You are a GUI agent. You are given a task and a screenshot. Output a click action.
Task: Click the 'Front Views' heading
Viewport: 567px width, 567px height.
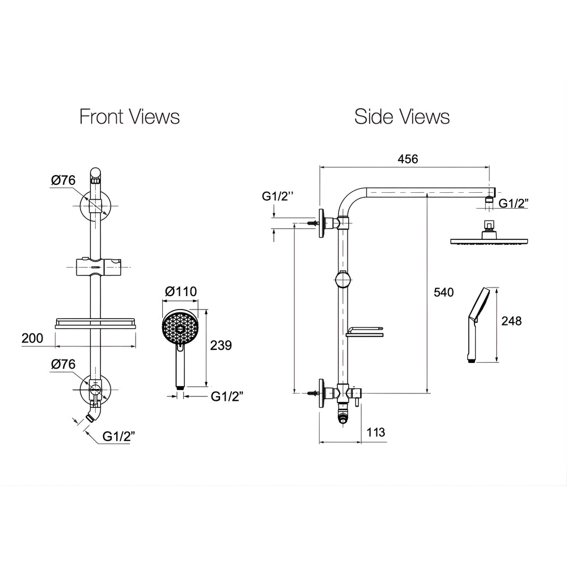pos(129,117)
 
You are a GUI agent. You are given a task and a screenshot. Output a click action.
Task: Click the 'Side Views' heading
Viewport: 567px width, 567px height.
pos(402,117)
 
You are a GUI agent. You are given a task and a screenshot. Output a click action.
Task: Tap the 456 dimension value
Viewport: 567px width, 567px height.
pos(408,159)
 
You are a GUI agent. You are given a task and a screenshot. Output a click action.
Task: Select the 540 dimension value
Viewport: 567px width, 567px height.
pos(443,292)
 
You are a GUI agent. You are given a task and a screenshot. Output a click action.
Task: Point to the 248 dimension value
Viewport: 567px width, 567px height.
pos(511,321)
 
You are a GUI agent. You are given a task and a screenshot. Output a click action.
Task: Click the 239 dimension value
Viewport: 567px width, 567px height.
pos(221,345)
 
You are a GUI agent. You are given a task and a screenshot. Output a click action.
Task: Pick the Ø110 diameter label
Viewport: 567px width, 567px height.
pos(181,291)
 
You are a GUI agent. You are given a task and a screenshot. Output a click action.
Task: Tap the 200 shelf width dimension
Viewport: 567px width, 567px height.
pos(32,338)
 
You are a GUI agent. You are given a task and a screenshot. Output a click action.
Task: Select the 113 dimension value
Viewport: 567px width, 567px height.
pos(376,432)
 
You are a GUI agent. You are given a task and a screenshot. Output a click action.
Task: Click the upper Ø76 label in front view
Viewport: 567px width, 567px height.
pos(63,180)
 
